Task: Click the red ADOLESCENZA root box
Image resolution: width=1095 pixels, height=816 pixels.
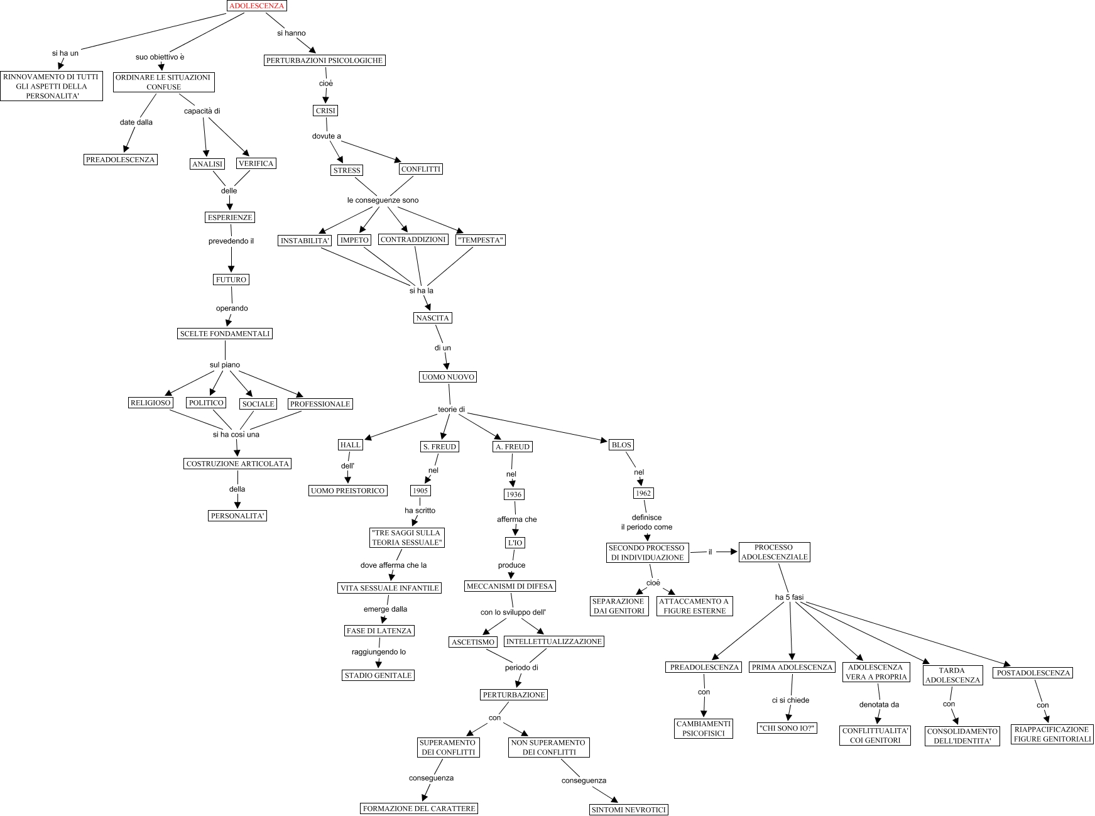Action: coord(256,6)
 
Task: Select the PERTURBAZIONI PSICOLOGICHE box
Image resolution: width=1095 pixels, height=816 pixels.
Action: coord(324,60)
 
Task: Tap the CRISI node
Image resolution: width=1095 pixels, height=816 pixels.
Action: coord(325,111)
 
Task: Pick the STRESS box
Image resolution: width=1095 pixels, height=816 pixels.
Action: coord(347,170)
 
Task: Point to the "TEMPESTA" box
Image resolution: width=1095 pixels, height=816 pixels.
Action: coord(481,240)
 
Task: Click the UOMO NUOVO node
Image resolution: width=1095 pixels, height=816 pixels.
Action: coord(448,377)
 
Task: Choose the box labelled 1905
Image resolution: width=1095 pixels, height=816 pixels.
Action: coord(420,491)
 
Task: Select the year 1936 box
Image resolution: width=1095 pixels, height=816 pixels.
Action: coord(514,494)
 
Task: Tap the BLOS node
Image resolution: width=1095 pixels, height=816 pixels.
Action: coord(621,445)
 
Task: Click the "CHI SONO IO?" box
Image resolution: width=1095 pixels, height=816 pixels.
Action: coord(787,728)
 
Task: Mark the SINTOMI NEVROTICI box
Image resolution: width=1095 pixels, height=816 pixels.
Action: coord(629,810)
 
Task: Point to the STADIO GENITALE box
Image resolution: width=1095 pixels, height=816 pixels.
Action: coord(378,675)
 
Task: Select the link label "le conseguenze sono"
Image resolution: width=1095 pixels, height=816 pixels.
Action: coord(383,200)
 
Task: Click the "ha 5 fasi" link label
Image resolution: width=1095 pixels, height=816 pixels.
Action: coord(789,597)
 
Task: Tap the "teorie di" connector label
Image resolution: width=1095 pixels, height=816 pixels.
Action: coord(451,410)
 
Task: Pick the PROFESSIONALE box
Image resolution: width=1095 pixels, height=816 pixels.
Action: coord(320,404)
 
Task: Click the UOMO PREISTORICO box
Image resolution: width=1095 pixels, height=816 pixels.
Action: coord(347,491)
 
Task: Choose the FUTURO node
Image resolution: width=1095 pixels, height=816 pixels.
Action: coord(231,280)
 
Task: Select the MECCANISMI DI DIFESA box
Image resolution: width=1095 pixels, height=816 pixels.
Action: coord(510,586)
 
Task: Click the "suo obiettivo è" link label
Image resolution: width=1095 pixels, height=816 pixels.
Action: coord(160,57)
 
